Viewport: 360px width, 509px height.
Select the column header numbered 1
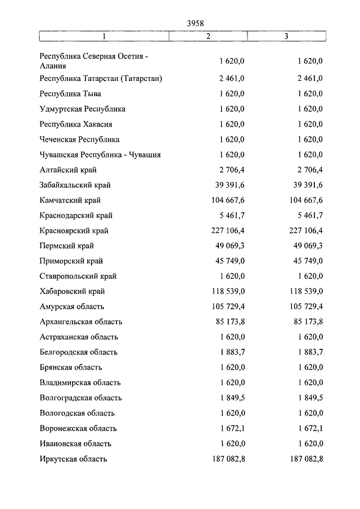[x=104, y=37]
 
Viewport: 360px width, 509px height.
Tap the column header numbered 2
[x=208, y=37]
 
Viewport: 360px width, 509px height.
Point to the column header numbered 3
[x=286, y=37]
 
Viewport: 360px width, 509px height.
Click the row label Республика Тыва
[x=71, y=94]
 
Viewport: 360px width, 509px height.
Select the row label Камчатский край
[x=71, y=200]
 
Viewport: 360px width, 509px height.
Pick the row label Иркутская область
[x=74, y=459]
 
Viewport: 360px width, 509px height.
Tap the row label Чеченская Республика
[x=80, y=139]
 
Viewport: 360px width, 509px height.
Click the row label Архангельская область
[x=81, y=322]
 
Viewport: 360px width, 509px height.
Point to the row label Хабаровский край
[x=73, y=292]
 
